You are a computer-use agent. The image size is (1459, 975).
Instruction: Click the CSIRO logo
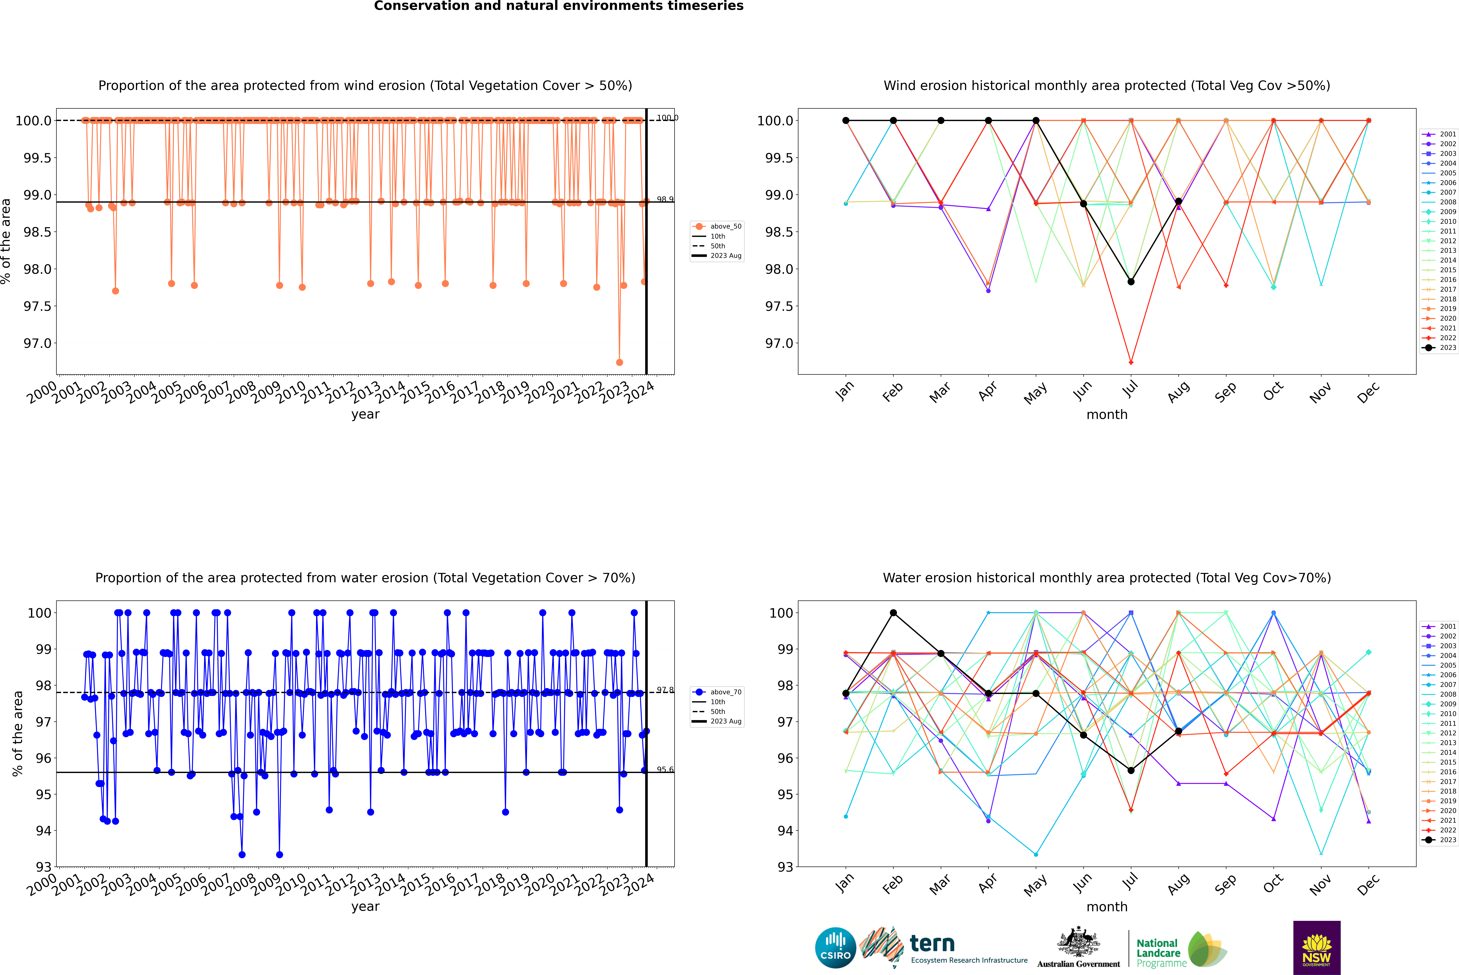[x=835, y=948]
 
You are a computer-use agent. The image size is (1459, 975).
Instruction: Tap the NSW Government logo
[x=1317, y=948]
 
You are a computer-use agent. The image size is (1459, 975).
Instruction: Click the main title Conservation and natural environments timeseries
[x=558, y=6]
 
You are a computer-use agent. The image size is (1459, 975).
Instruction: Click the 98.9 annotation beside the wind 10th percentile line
[x=665, y=200]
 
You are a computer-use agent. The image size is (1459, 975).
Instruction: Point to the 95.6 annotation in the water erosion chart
[x=665, y=770]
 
